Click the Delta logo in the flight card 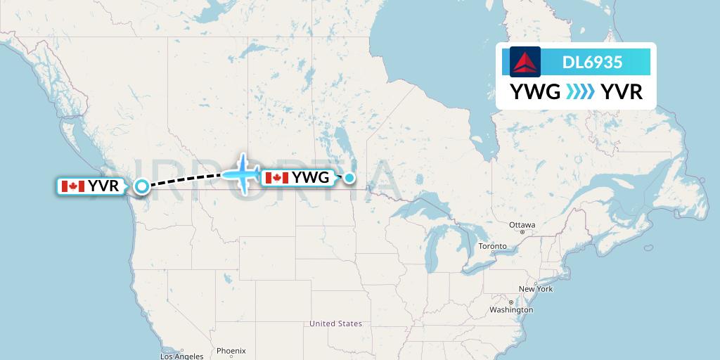point(525,62)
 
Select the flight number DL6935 point(592,62)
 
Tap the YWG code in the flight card point(535,92)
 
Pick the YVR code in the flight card point(622,92)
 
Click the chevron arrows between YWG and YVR point(580,92)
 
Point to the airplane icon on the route point(243,174)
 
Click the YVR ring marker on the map point(142,186)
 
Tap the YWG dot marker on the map point(349,178)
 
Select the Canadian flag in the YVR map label point(73,186)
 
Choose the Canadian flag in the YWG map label point(277,178)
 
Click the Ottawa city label point(522,225)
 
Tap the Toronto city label point(492,246)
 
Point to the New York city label point(536,289)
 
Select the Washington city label point(511,310)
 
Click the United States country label point(335,323)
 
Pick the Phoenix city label point(231,350)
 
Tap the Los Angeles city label point(181,356)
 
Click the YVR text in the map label point(103,186)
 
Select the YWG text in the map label point(310,178)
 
